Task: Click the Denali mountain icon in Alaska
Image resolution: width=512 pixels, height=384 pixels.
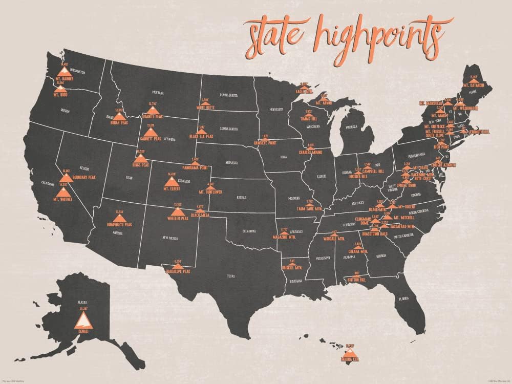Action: point(83,321)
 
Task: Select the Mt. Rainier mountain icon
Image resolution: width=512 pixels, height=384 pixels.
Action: point(64,72)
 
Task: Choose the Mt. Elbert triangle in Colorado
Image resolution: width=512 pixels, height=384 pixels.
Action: point(171,181)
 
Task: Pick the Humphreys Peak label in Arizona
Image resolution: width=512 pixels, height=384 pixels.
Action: point(119,224)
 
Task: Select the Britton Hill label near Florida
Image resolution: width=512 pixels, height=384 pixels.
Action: point(356,280)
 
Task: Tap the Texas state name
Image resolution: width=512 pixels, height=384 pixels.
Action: point(231,276)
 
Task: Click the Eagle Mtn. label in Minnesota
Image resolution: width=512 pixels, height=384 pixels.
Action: point(304,90)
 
